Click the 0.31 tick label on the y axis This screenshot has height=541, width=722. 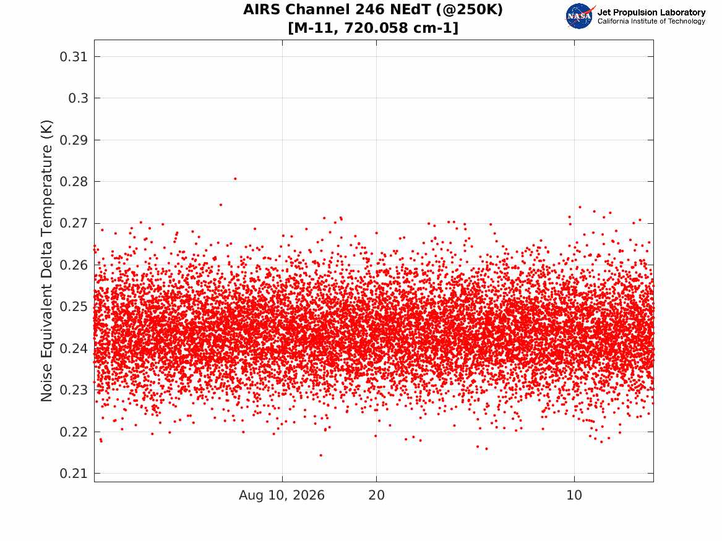point(74,57)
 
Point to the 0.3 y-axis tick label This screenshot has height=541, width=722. point(78,98)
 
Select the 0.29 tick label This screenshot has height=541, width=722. point(74,140)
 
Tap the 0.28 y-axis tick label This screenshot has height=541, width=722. point(74,181)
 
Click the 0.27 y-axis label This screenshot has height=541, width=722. point(74,223)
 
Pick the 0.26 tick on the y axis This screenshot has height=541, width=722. point(74,265)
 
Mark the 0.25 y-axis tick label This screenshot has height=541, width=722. point(74,307)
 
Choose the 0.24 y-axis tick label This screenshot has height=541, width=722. point(74,348)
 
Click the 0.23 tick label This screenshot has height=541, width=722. point(74,390)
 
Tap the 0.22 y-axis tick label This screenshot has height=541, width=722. point(74,432)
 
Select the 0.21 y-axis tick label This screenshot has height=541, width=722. point(74,474)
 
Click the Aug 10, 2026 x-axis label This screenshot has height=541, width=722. point(281,495)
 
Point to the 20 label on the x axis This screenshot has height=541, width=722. point(377,495)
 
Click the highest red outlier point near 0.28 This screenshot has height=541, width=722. point(235,179)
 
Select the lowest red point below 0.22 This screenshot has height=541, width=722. point(321,456)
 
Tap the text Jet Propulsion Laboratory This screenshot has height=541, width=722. point(651,12)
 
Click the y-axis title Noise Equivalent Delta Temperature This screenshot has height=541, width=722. point(46,261)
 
